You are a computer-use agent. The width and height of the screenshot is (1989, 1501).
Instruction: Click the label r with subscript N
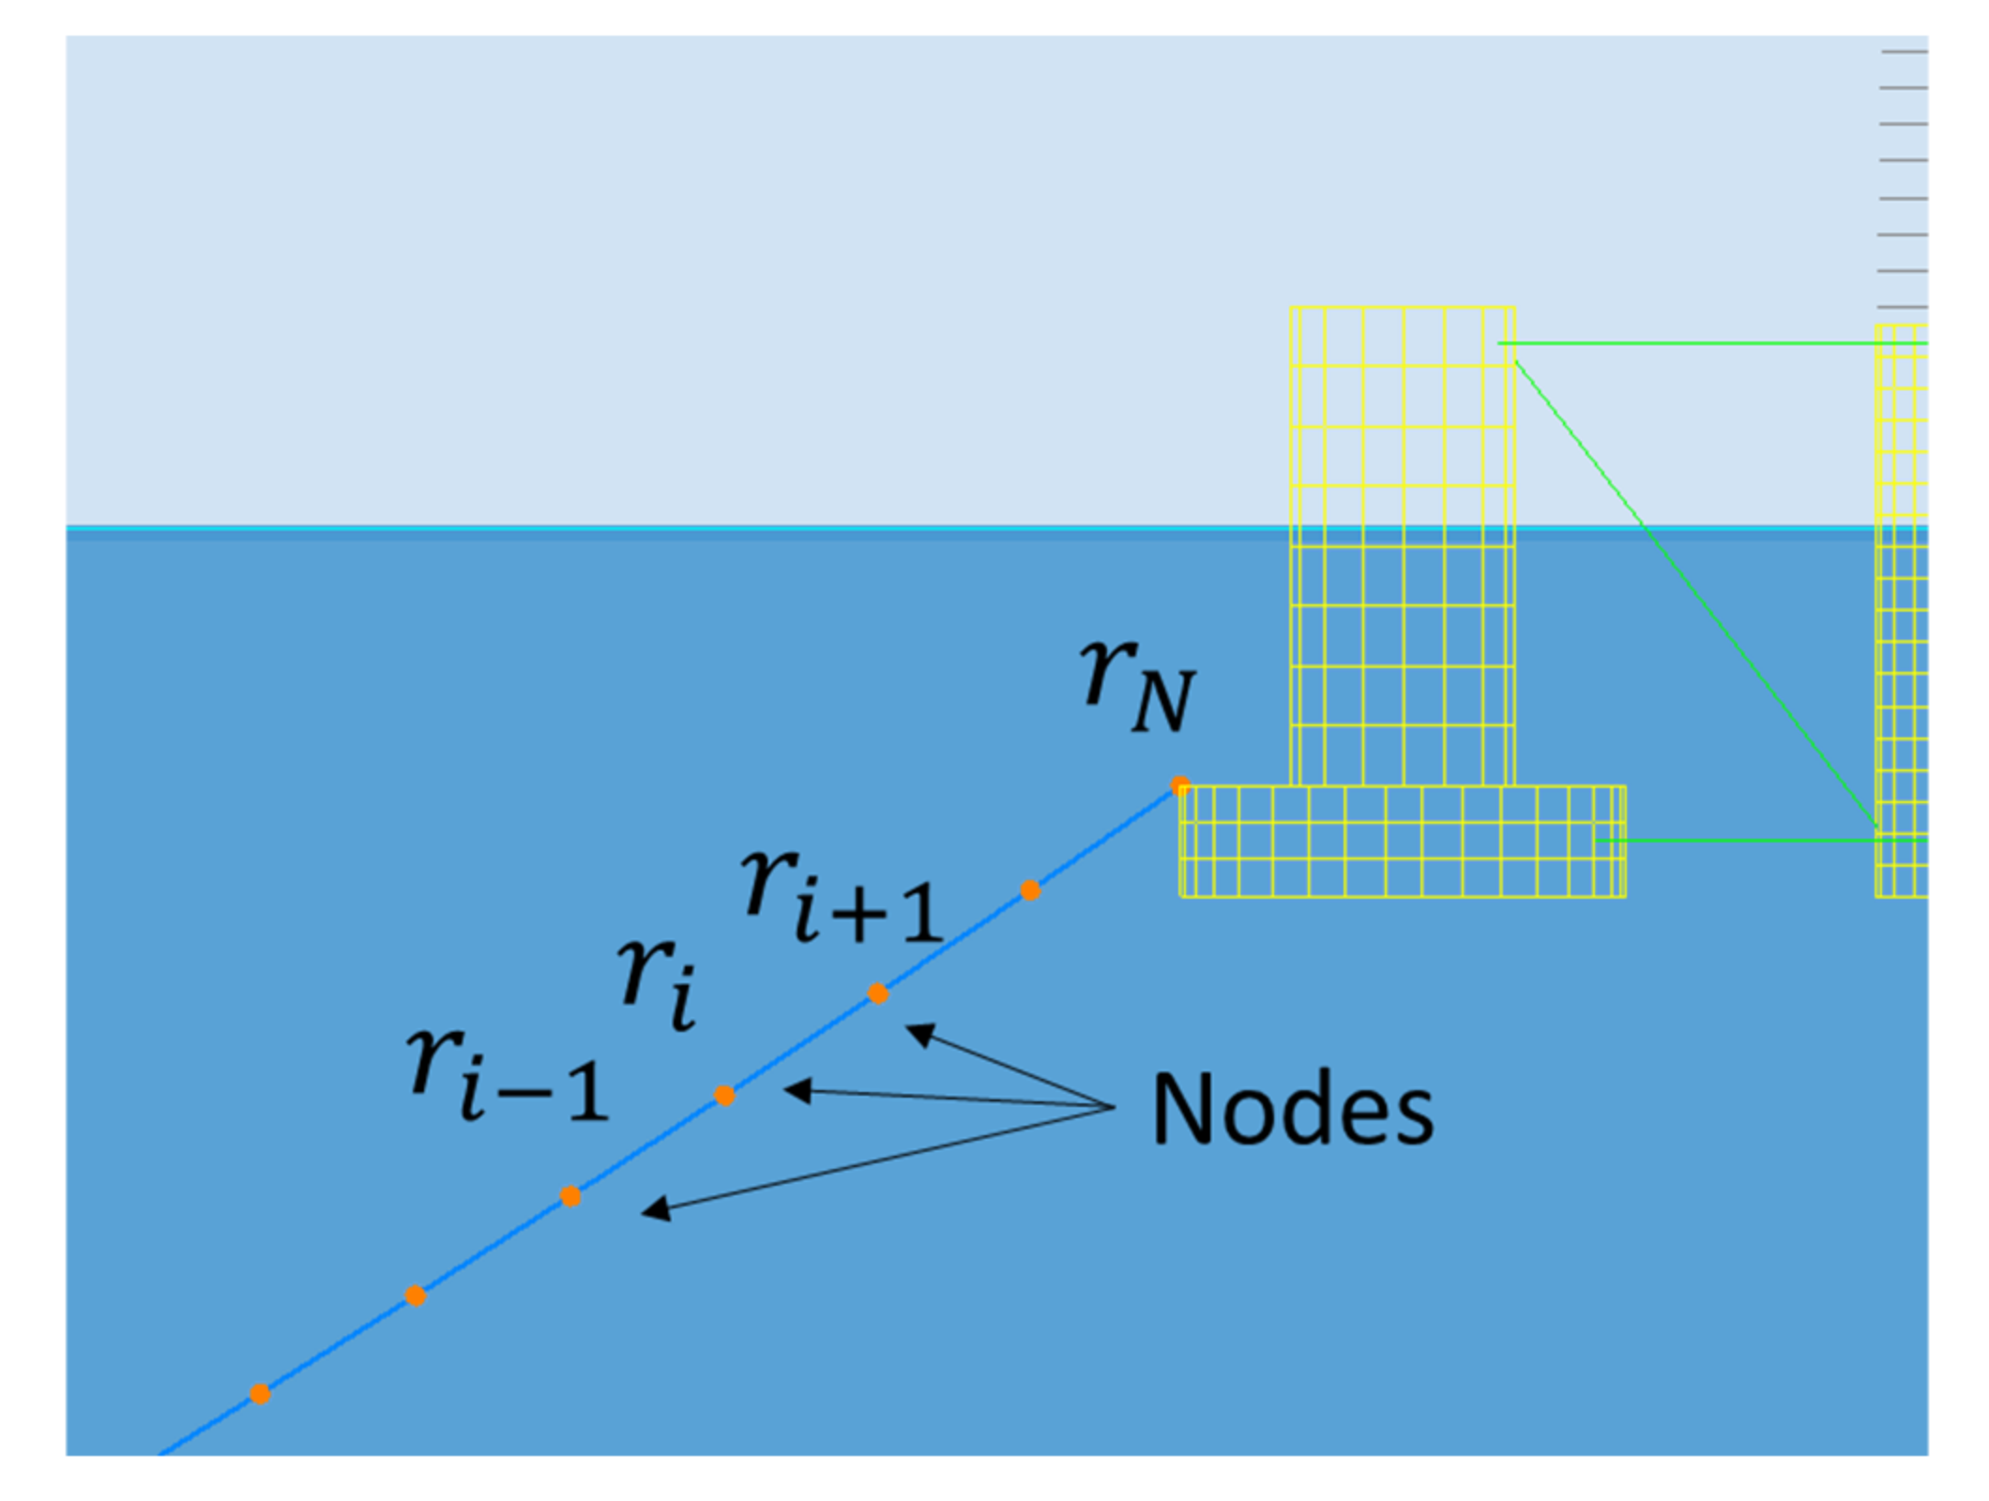pyautogui.click(x=1137, y=685)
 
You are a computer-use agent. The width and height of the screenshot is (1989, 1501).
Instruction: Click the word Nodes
pyautogui.click(x=1292, y=1109)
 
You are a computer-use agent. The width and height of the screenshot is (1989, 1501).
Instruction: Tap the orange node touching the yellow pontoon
pyautogui.click(x=1180, y=785)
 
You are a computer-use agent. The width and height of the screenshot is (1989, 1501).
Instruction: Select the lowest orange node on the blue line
pyautogui.click(x=260, y=1394)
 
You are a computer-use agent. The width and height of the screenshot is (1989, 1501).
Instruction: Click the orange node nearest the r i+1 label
pyautogui.click(x=877, y=993)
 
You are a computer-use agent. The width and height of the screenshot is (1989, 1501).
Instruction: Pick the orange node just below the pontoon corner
pyautogui.click(x=1030, y=890)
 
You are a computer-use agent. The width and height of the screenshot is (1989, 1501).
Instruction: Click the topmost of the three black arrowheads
pyautogui.click(x=919, y=1033)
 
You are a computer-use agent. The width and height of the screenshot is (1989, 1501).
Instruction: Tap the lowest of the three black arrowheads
pyautogui.click(x=655, y=1209)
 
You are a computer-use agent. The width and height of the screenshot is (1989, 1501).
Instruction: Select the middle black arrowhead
pyautogui.click(x=797, y=1090)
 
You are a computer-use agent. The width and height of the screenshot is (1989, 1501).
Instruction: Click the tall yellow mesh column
pyautogui.click(x=1402, y=544)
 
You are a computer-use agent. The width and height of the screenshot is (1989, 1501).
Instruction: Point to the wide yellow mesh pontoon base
pyautogui.click(x=1402, y=841)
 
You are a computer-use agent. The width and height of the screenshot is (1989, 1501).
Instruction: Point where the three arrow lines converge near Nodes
pyautogui.click(x=1113, y=1108)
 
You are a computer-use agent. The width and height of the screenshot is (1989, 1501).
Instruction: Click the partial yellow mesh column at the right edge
pyautogui.click(x=1901, y=610)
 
